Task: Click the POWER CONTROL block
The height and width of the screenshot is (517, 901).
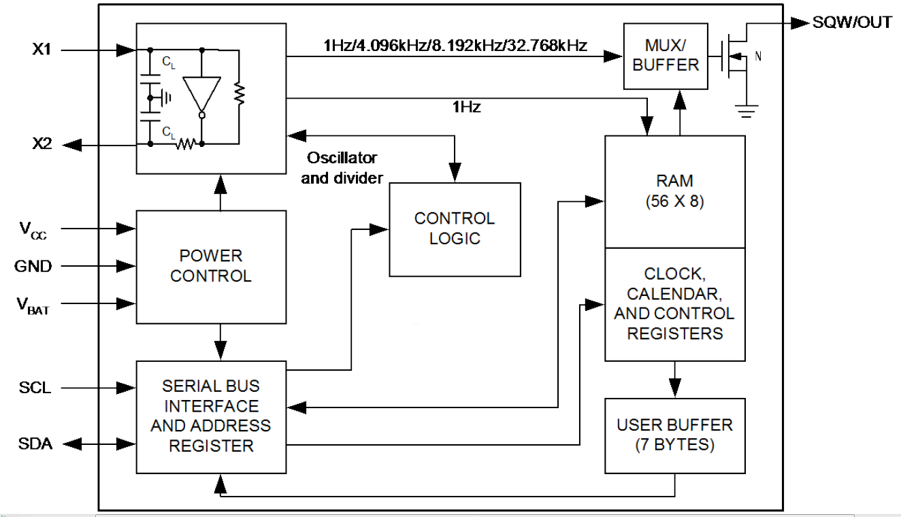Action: (x=211, y=267)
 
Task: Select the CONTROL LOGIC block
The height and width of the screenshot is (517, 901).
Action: (x=455, y=229)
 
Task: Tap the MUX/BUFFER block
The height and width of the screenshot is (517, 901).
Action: (x=662, y=56)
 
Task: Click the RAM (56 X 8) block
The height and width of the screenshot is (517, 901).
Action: (x=675, y=191)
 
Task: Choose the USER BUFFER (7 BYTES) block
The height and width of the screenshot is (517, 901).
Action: (x=675, y=435)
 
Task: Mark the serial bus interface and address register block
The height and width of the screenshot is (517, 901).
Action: (x=211, y=416)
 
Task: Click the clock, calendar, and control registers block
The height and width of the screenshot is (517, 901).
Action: (x=675, y=304)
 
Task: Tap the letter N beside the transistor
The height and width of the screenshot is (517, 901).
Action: (x=758, y=57)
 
